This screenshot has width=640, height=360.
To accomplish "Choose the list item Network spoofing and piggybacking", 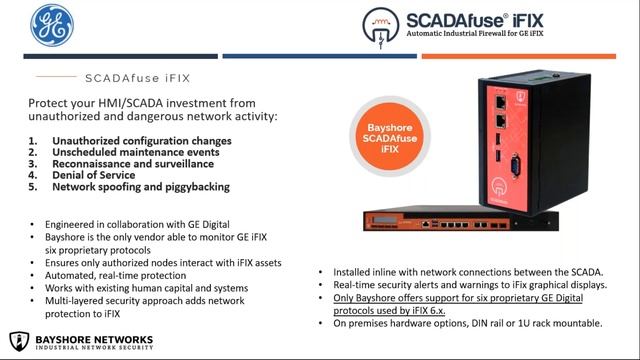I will pyautogui.click(x=141, y=187).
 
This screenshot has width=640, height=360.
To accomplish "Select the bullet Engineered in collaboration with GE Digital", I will pyautogui.click(x=130, y=226).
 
